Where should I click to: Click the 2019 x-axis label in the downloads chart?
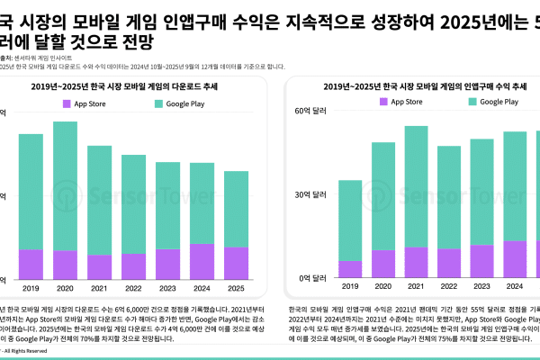pyautogui.click(x=31, y=288)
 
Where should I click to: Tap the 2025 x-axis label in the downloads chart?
pyautogui.click(x=236, y=288)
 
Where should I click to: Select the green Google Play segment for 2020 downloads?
pyautogui.click(x=65, y=185)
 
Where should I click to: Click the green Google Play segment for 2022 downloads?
pyautogui.click(x=133, y=203)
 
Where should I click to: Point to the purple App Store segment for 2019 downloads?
pyautogui.click(x=31, y=264)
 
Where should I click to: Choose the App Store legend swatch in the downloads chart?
pyautogui.click(x=67, y=103)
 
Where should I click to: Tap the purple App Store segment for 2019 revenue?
pyautogui.click(x=350, y=269)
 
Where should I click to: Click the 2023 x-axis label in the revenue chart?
pyautogui.click(x=482, y=287)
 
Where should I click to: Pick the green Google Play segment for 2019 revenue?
pyautogui.click(x=350, y=220)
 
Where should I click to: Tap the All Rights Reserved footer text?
pyautogui.click(x=27, y=350)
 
